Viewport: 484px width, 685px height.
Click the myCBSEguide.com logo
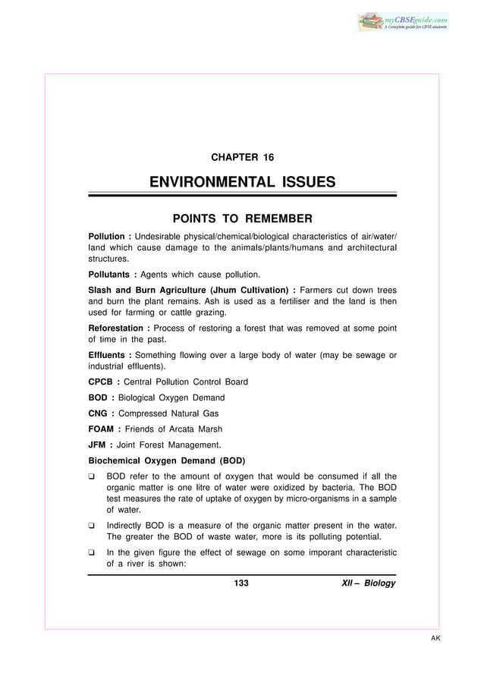404,20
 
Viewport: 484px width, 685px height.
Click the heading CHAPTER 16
242,158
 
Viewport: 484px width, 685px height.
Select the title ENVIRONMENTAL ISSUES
242,182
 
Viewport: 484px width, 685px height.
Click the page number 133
242,583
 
